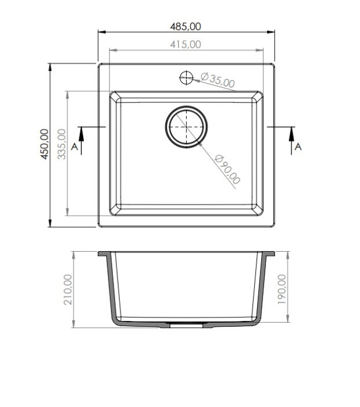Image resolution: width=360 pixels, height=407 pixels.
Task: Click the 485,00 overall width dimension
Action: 186,27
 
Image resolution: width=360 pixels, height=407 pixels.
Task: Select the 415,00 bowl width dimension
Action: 186,44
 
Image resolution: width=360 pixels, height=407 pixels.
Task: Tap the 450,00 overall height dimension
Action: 44,144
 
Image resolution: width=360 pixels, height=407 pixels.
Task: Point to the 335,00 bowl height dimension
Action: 62,144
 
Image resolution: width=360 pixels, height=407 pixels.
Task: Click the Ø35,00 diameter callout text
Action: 218,80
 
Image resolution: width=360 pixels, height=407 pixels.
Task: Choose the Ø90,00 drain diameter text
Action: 227,169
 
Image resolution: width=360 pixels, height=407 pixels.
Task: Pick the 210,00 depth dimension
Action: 68,290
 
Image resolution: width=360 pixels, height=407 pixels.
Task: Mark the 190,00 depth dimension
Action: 281,290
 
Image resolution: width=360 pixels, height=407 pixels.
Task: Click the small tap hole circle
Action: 186,77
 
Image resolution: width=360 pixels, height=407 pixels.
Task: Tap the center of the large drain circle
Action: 186,127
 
